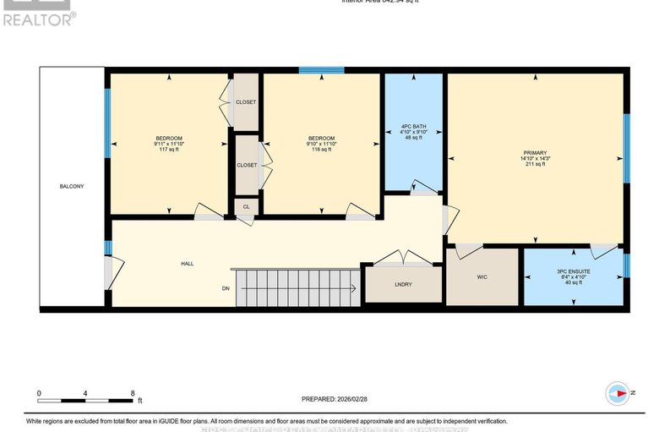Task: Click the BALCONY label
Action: [x=71, y=186]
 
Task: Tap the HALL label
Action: [x=187, y=264]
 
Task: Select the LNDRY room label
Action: [x=403, y=284]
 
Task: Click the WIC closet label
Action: [x=482, y=276]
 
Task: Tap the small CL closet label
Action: [x=246, y=206]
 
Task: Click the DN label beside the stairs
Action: [x=226, y=289]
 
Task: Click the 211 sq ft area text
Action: [x=534, y=165]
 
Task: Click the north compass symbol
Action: [x=618, y=392]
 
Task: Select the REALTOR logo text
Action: [x=38, y=18]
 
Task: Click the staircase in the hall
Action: [x=295, y=288]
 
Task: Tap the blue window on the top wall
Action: [x=321, y=70]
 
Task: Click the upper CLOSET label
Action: [x=246, y=102]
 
